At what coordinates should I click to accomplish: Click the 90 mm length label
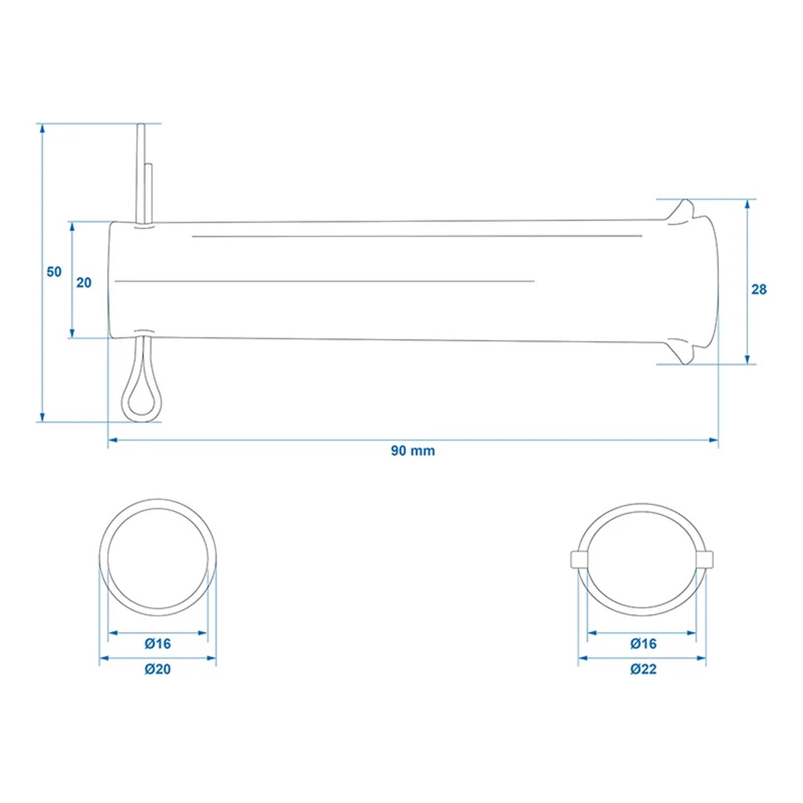tap(413, 451)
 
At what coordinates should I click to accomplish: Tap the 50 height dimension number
tap(54, 272)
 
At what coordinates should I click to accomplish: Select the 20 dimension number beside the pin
tap(84, 283)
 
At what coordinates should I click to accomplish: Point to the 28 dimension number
tap(759, 290)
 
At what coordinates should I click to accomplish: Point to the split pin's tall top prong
tap(141, 166)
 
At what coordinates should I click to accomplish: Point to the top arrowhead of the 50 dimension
tap(42, 129)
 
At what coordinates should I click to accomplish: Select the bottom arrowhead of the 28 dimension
tap(747, 359)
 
